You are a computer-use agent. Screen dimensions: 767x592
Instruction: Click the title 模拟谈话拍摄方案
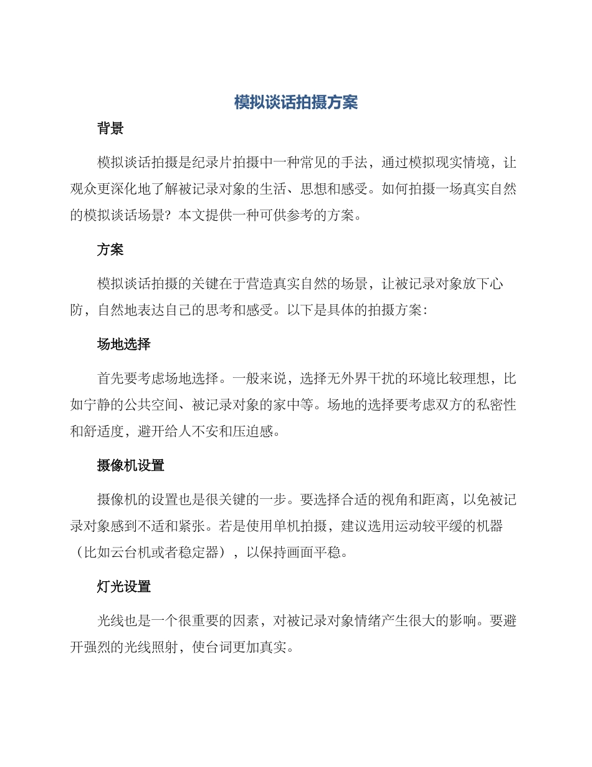click(296, 103)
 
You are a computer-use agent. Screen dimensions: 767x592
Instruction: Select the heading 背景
click(110, 129)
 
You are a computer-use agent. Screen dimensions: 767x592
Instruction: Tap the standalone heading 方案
click(110, 250)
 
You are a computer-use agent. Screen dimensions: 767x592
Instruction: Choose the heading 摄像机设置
click(130, 465)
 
